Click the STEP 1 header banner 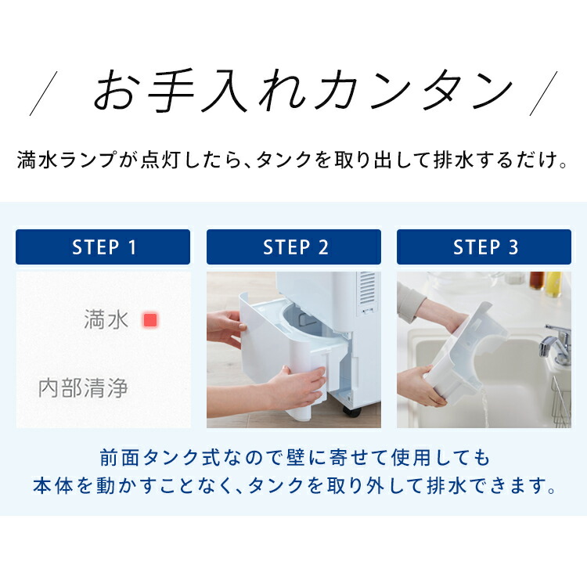[x=103, y=247]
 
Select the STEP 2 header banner [x=293, y=247]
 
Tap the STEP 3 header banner [x=484, y=247]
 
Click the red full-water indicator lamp [x=150, y=320]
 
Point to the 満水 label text [x=106, y=320]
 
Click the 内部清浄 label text [x=83, y=388]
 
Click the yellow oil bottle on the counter [x=553, y=283]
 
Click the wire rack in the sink [x=561, y=399]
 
